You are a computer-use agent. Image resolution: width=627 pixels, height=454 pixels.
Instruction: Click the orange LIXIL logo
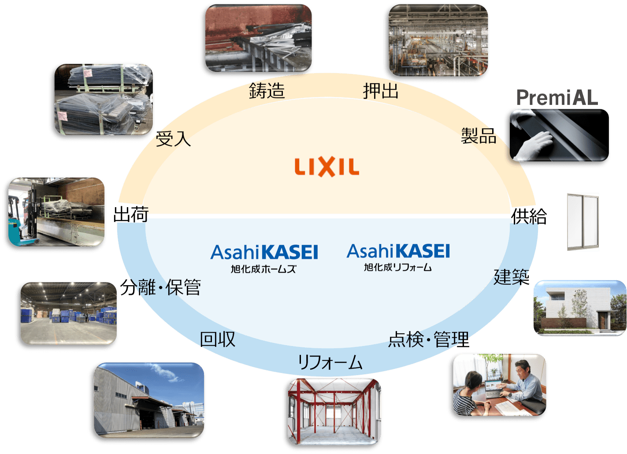(326, 167)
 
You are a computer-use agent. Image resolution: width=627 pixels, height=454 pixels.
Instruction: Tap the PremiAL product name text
(557, 97)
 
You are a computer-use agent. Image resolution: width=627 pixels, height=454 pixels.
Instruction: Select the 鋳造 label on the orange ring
(267, 90)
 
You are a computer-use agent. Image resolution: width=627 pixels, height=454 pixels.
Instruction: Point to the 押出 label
(381, 91)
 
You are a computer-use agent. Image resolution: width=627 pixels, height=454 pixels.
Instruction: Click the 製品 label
(479, 136)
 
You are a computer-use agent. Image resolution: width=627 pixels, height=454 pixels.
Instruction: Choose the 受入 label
(173, 138)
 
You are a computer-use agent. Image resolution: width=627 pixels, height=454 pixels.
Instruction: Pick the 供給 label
(529, 216)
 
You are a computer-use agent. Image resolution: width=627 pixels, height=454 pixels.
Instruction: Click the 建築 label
(512, 277)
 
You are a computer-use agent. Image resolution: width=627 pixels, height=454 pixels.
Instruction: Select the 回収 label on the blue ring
(218, 339)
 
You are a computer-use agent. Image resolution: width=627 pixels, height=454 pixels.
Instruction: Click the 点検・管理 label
(429, 339)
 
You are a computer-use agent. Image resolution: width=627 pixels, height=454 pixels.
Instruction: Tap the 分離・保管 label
(160, 287)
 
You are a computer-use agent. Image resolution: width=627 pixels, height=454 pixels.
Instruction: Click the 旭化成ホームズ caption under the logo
(263, 269)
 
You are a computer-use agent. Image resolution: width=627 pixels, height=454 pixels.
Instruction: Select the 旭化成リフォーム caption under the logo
(398, 267)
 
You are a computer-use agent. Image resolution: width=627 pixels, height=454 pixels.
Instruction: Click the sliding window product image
(583, 222)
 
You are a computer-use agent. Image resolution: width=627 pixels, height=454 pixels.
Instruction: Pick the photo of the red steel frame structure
(334, 412)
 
